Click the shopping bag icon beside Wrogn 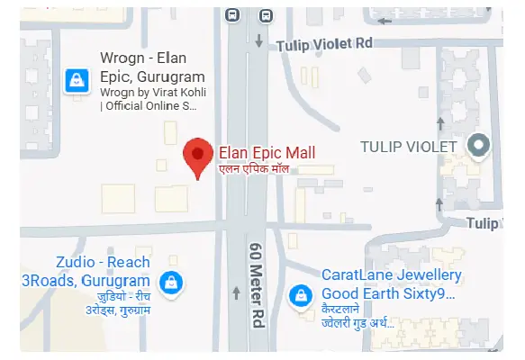click(77, 81)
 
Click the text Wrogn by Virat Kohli click(149, 92)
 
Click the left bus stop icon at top click(232, 14)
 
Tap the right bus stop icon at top click(265, 14)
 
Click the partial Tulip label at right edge click(484, 223)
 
